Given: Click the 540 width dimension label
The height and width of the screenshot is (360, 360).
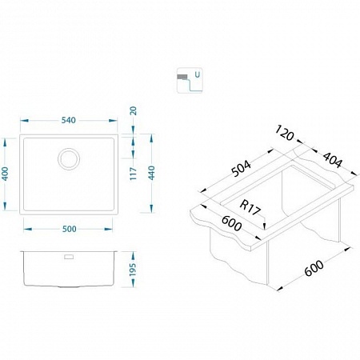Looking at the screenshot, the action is pyautogui.click(x=69, y=120).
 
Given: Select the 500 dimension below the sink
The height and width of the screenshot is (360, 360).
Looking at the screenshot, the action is pyautogui.click(x=70, y=229).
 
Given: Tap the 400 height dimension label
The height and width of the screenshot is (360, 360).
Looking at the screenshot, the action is pyautogui.click(x=6, y=174).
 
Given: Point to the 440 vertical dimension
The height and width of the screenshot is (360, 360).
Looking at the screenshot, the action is pyautogui.click(x=151, y=173).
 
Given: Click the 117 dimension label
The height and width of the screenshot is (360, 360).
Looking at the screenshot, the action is pyautogui.click(x=133, y=174).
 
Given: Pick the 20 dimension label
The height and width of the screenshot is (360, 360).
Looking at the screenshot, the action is pyautogui.click(x=133, y=110).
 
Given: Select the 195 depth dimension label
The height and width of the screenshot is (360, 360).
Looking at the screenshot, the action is pyautogui.click(x=133, y=270).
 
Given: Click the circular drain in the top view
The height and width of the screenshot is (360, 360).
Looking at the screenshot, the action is pyautogui.click(x=69, y=159).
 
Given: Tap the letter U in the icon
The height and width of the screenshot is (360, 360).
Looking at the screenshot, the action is pyautogui.click(x=197, y=74).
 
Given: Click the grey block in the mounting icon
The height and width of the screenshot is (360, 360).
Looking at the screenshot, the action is pyautogui.click(x=182, y=77).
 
